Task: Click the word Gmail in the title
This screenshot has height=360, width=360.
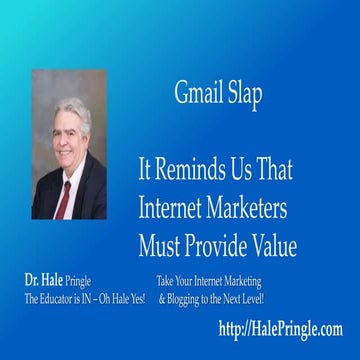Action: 193,96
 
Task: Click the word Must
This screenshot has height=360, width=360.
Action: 160,244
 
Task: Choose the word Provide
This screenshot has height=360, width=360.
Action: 218,244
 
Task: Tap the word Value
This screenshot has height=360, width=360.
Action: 276,244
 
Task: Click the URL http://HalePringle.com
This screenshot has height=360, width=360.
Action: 280,328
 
